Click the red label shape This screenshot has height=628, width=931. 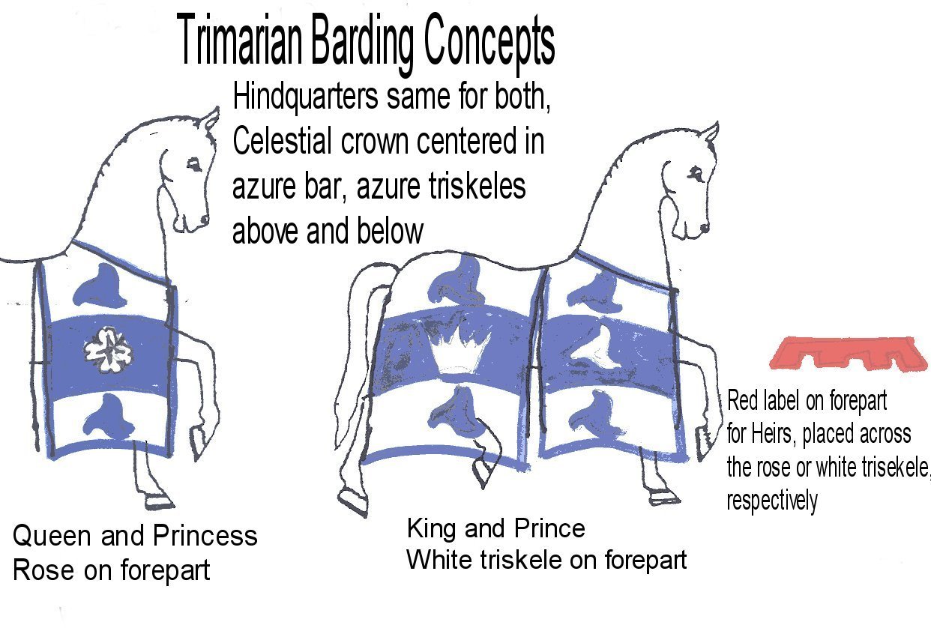(848, 353)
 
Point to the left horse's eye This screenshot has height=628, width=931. (194, 165)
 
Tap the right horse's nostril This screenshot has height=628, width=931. (704, 228)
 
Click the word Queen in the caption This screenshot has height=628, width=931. (52, 536)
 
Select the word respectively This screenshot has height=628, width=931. (772, 501)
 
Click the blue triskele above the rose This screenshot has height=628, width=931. (100, 286)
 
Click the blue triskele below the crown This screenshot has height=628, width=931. (457, 411)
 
